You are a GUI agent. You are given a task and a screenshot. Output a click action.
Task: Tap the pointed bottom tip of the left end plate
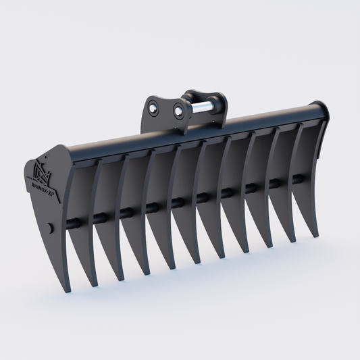68,290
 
